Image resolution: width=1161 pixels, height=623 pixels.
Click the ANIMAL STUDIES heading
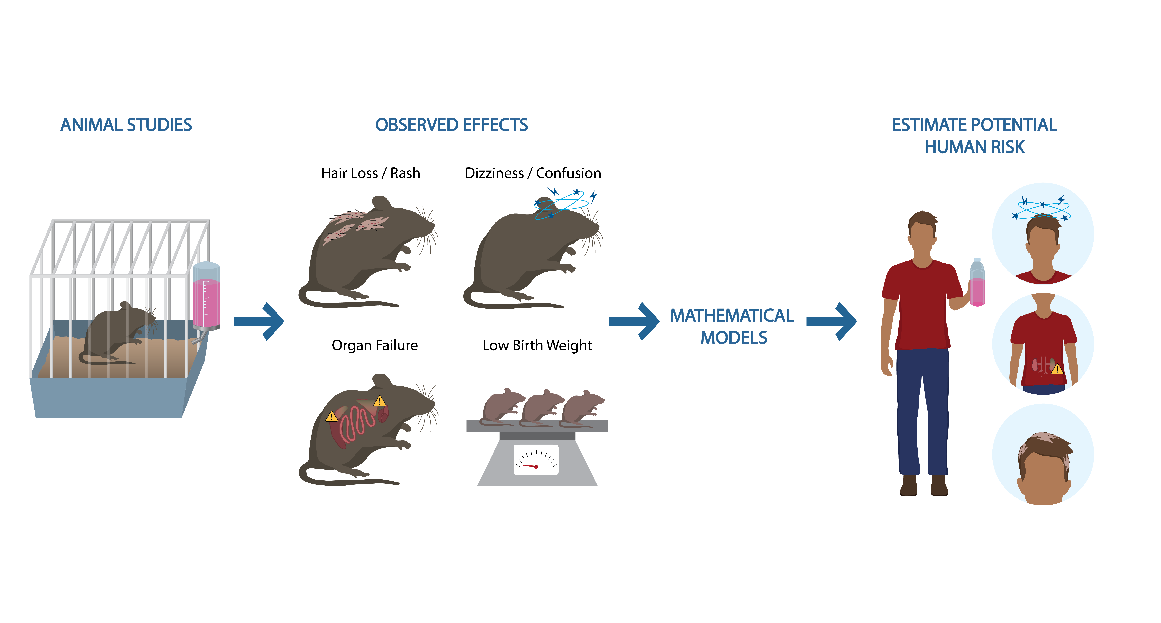coord(126,125)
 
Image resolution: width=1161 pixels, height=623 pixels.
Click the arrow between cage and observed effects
coord(259,321)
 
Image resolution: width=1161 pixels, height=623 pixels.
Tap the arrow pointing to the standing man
coord(832,321)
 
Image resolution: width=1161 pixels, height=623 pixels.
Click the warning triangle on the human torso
coord(1057,369)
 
